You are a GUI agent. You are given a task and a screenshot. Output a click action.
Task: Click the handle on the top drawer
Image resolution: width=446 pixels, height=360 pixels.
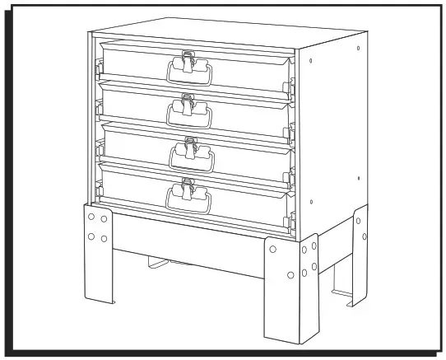pos(190,74)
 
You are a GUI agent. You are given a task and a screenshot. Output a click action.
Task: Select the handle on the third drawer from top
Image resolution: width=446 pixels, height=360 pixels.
pos(190,157)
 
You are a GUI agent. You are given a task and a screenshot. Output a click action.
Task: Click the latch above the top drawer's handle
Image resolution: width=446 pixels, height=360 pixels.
pos(188,58)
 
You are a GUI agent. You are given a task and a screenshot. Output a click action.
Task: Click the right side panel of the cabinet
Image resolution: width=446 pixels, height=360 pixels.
pos(333,124)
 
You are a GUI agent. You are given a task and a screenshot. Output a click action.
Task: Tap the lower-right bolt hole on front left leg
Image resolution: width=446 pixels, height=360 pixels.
pos(104,239)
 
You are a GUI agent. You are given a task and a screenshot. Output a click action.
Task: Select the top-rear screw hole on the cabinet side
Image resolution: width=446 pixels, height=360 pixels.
pos(357,49)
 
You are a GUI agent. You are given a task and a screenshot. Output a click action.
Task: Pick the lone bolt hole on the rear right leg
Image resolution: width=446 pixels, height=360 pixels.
pos(363,238)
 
